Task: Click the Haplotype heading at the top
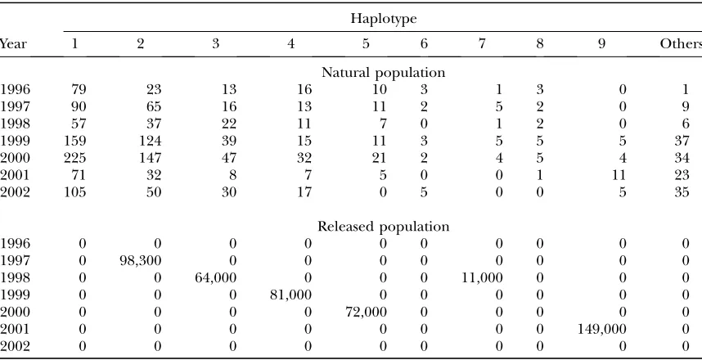(x=383, y=19)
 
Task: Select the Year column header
(x=13, y=44)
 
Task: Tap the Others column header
(x=681, y=44)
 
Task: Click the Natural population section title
(x=383, y=73)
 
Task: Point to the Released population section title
(x=383, y=227)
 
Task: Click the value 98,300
(x=139, y=261)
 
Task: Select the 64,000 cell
(x=215, y=278)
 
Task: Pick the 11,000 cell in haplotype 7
(x=482, y=278)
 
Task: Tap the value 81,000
(x=290, y=295)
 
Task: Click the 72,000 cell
(x=366, y=312)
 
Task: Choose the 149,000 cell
(x=601, y=330)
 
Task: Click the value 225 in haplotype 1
(x=74, y=158)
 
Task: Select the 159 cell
(x=74, y=141)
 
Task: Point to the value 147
(x=150, y=158)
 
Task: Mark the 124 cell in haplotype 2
(x=150, y=141)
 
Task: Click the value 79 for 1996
(x=79, y=89)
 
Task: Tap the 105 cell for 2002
(x=74, y=192)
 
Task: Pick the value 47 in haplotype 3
(x=229, y=158)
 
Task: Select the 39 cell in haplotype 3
(x=229, y=141)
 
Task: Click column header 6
(x=424, y=44)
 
